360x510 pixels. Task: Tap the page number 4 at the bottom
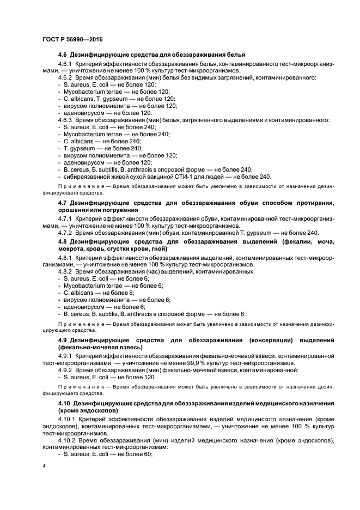(x=44, y=466)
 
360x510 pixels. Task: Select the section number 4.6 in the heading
(x=63, y=55)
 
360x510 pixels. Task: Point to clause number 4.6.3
(x=65, y=119)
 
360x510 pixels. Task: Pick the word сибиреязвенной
(x=88, y=177)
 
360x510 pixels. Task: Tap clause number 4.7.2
(x=65, y=233)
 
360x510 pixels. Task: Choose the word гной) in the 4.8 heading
(x=157, y=248)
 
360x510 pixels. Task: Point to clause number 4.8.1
(x=65, y=257)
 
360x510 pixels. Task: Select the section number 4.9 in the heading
(x=63, y=340)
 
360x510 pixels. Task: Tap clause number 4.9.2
(x=65, y=370)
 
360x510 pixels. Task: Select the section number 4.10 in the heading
(x=65, y=402)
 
